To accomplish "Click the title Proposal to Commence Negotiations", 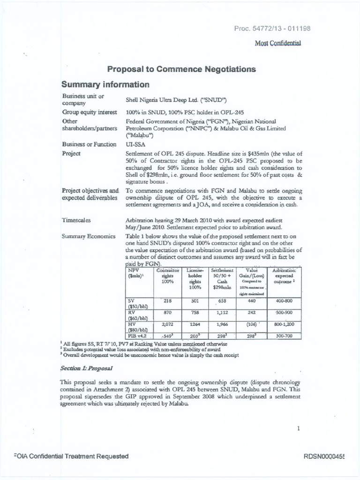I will (182, 69).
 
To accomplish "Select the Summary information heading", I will (105, 85).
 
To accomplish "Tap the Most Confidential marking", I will (277, 43).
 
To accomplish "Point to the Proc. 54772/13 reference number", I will (272, 29).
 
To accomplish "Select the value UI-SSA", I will (135, 144).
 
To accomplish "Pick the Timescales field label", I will (76, 219).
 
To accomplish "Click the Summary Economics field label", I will (89, 236).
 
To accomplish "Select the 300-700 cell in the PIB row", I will (284, 336).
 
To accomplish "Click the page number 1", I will (298, 427).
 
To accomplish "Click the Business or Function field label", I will (89, 144).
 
